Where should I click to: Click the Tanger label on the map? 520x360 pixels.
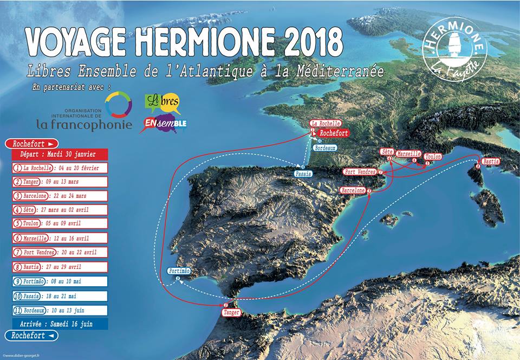point(231,313)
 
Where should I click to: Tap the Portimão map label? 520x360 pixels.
point(178,271)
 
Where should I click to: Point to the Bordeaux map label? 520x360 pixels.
point(325,147)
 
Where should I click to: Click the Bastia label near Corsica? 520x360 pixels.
point(491,162)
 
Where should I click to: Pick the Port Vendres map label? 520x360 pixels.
point(360,172)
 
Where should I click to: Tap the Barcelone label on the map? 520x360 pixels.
point(353,190)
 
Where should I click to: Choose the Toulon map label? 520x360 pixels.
point(433,156)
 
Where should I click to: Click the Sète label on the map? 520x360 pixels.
point(387,151)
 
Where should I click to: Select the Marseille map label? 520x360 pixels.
point(408,154)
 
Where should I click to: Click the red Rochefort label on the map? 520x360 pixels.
point(331,133)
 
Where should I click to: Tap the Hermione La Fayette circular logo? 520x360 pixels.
point(454,49)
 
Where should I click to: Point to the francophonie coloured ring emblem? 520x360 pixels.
point(118,104)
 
